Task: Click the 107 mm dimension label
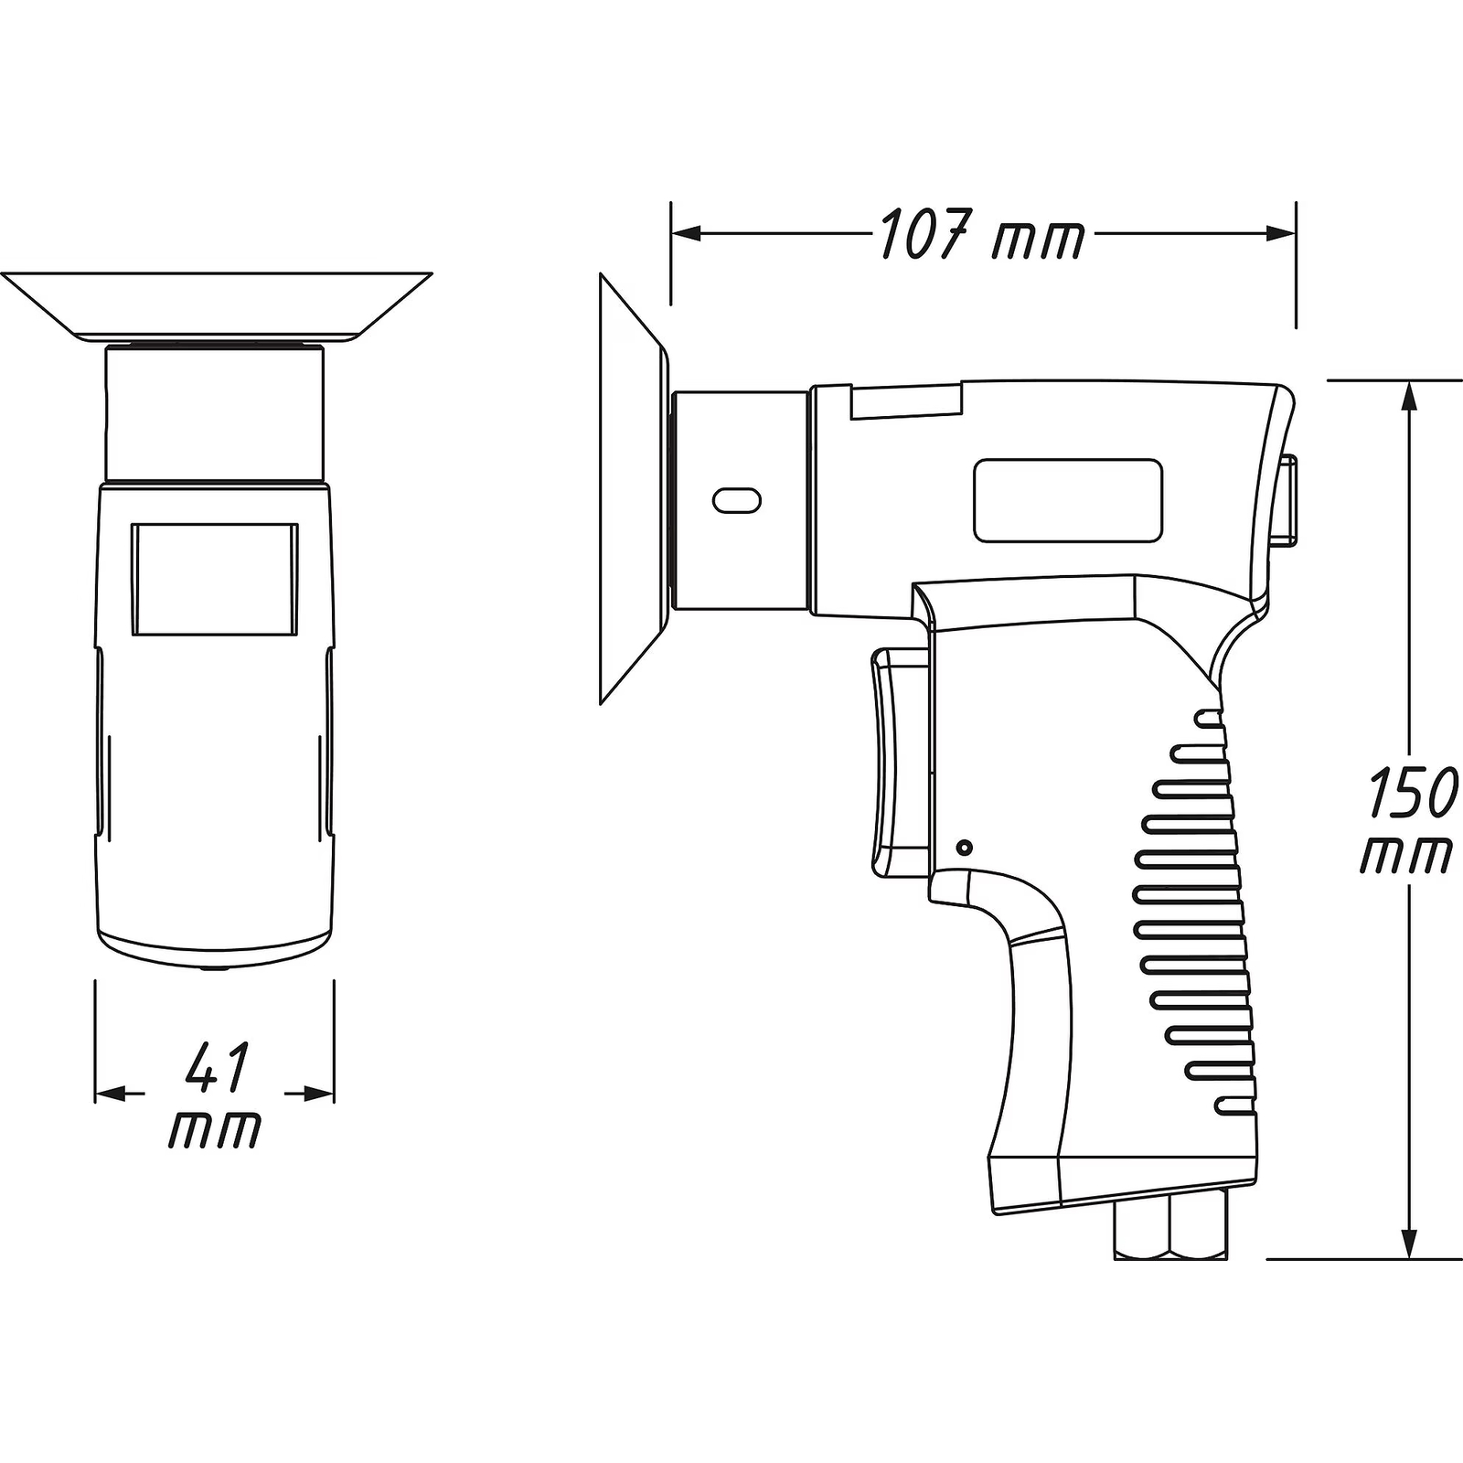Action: click(x=983, y=234)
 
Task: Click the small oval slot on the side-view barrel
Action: click(x=737, y=500)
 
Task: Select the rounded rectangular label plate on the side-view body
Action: click(x=1068, y=501)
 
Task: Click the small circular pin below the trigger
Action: click(x=963, y=848)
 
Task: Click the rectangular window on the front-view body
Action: click(x=215, y=580)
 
